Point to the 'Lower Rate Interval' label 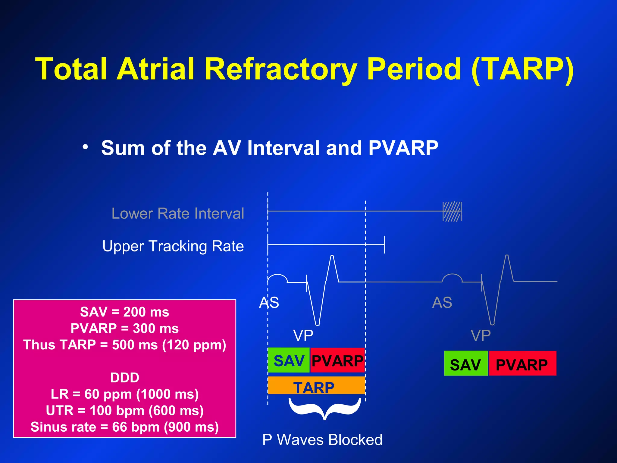pyautogui.click(x=178, y=213)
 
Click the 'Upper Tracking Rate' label pyautogui.click(x=173, y=246)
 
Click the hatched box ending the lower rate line pyautogui.click(x=452, y=211)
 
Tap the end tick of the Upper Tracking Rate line pyautogui.click(x=384, y=245)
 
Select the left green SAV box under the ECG pyautogui.click(x=289, y=360)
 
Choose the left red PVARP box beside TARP pyautogui.click(x=337, y=360)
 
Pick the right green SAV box pyautogui.click(x=466, y=363)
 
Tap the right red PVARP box pyautogui.click(x=522, y=363)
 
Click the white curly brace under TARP pyautogui.click(x=324, y=408)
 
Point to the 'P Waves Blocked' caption pyautogui.click(x=322, y=439)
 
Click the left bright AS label pyautogui.click(x=269, y=302)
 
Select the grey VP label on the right pyautogui.click(x=481, y=335)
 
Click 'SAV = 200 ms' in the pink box pyautogui.click(x=124, y=312)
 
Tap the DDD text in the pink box pyautogui.click(x=124, y=377)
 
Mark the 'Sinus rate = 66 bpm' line pyautogui.click(x=124, y=427)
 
